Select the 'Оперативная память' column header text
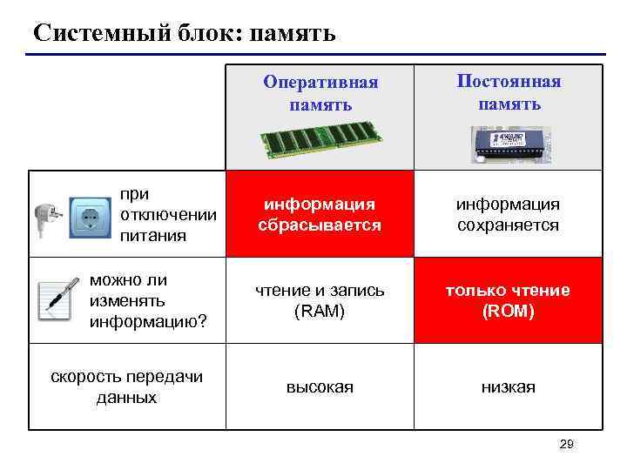coord(320,94)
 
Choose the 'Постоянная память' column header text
coord(509,92)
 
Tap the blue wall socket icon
coord(90,218)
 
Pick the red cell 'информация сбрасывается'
coord(320,214)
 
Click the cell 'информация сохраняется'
coord(509,214)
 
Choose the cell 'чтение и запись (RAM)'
coord(320,300)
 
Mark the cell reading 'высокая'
coord(320,386)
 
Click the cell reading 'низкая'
coord(509,386)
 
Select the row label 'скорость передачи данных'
coord(127,386)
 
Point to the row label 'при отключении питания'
coord(156,214)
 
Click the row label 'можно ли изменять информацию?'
coord(148,301)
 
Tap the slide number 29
coord(566,445)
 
